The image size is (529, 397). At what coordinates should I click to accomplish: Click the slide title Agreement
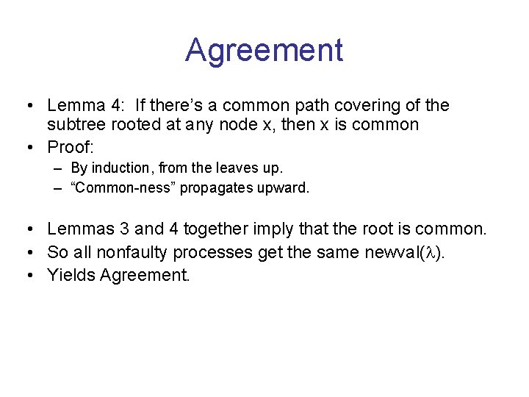click(264, 50)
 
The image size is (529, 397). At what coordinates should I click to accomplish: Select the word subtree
click(75, 125)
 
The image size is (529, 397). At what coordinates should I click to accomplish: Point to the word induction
click(118, 168)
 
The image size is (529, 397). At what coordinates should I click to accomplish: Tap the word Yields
click(71, 276)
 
